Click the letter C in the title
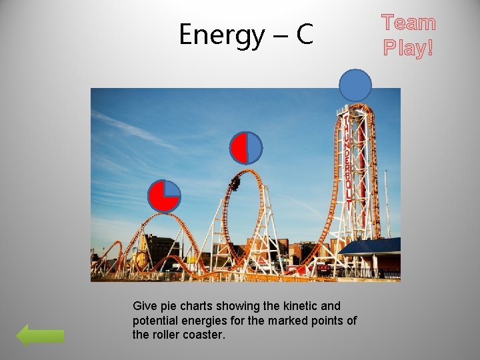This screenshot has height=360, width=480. tap(304, 35)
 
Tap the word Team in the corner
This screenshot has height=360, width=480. tap(408, 23)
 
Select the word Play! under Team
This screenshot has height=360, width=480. tap(408, 47)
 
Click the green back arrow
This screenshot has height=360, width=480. tap(40, 335)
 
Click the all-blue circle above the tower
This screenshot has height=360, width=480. tap(355, 85)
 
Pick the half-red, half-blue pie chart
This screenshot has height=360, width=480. tap(246, 148)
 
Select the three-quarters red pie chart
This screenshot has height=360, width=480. tap(164, 196)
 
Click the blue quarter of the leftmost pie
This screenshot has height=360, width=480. tap(171, 189)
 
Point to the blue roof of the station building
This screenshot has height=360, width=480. tap(371, 246)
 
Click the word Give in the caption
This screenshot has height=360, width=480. tap(145, 306)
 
